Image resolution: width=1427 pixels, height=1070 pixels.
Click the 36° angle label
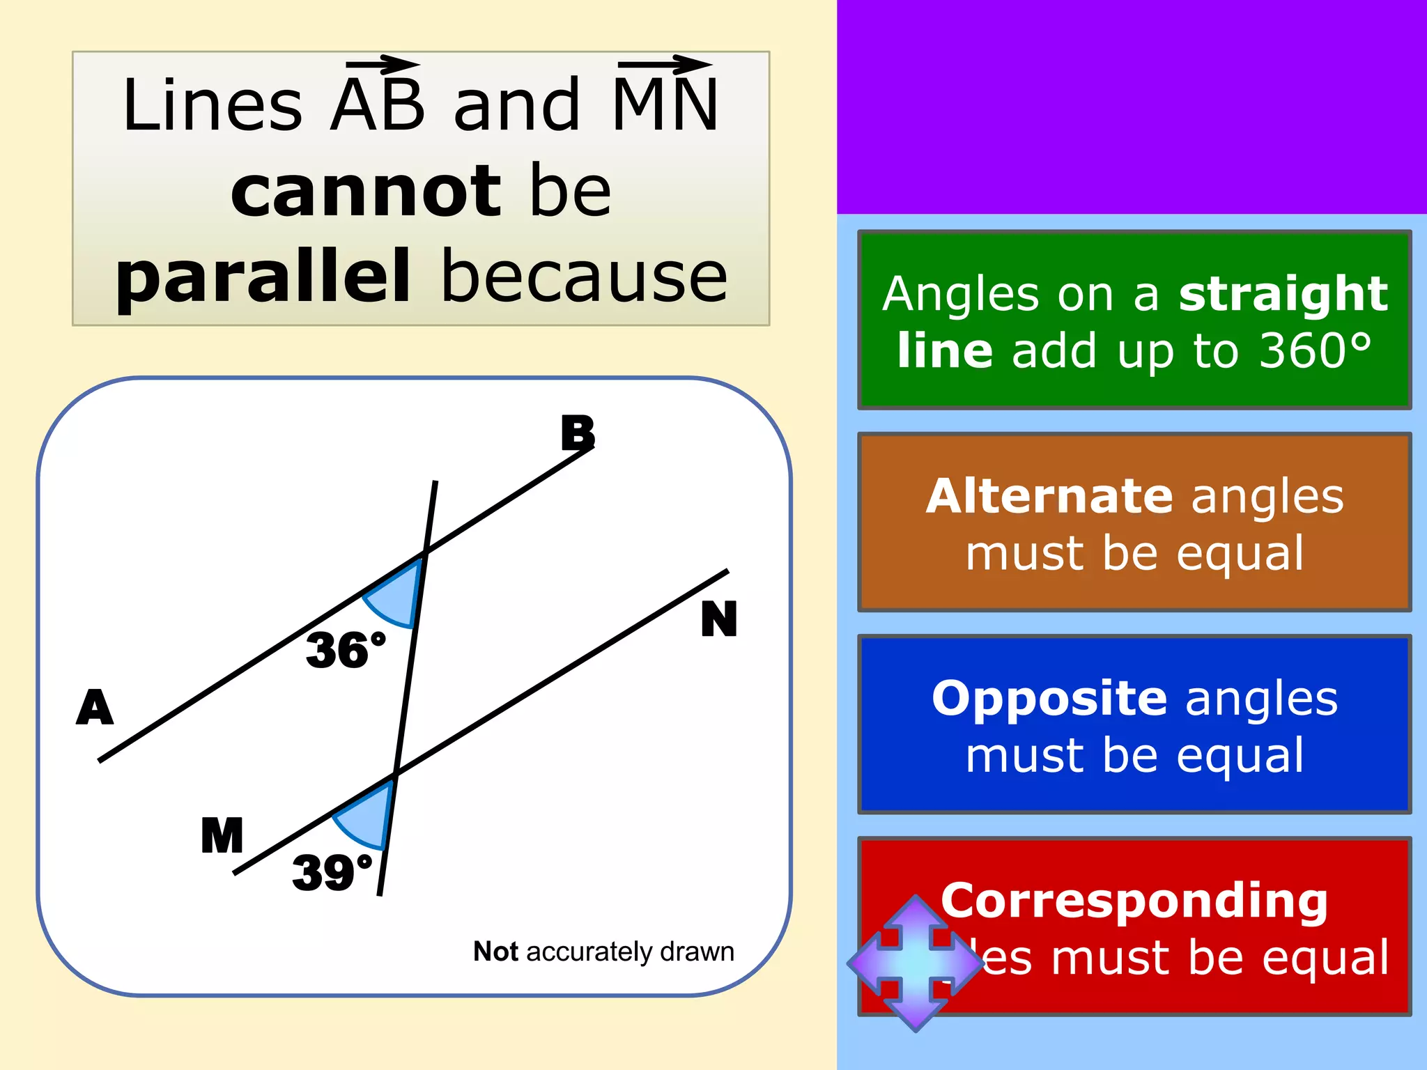(345, 650)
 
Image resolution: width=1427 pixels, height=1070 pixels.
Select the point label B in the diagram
(578, 433)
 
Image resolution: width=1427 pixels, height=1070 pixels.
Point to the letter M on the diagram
(222, 835)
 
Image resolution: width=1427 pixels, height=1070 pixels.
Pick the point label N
(718, 619)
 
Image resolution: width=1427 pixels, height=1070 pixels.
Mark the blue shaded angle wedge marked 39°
(367, 815)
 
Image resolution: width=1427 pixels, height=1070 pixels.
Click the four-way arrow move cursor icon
(915, 963)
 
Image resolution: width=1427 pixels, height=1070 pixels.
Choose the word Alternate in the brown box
(1049, 496)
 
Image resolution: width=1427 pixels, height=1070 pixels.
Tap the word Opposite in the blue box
(1049, 698)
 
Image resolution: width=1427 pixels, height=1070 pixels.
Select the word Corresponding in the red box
(1134, 900)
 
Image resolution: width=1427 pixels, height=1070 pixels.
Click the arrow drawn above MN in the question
(665, 65)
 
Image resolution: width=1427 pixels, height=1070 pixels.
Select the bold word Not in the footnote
(495, 952)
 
